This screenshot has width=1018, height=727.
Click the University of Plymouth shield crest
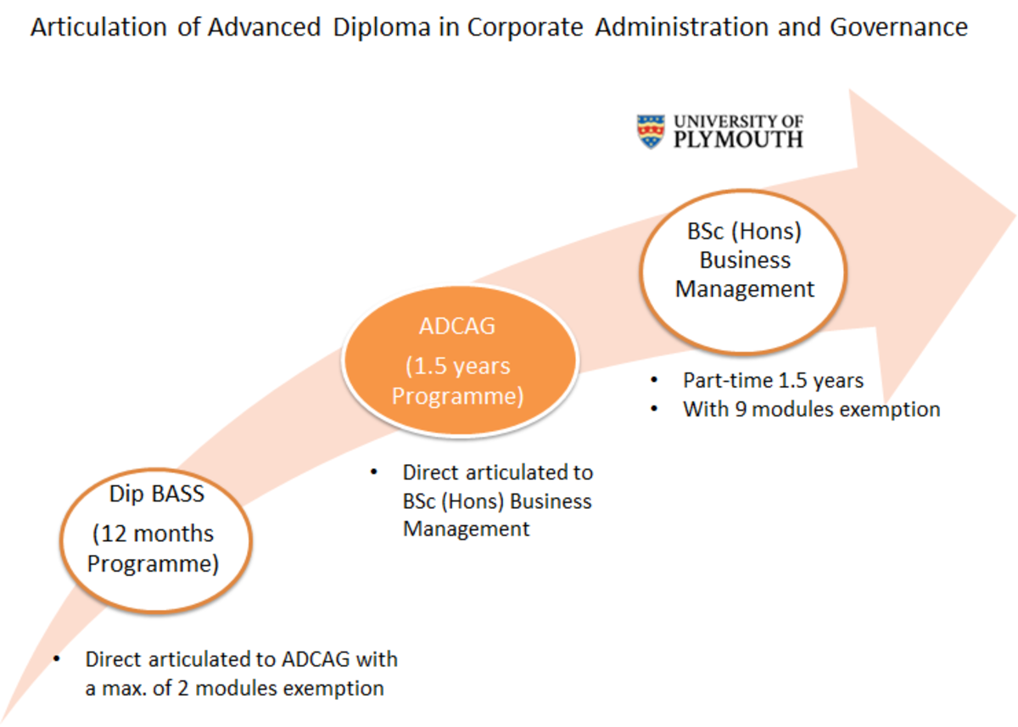pyautogui.click(x=651, y=132)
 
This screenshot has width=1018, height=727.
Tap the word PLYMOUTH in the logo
pyautogui.click(x=737, y=139)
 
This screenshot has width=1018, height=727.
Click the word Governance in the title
pyautogui.click(x=898, y=28)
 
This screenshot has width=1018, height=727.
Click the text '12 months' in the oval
pyautogui.click(x=154, y=535)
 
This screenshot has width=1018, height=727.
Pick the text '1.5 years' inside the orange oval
pyautogui.click(x=458, y=366)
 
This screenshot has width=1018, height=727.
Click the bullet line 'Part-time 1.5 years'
pyautogui.click(x=773, y=381)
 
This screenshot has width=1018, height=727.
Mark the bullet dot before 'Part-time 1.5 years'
pyautogui.click(x=654, y=380)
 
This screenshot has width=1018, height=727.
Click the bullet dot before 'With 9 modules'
pyautogui.click(x=654, y=409)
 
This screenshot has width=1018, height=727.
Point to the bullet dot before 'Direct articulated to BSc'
pyautogui.click(x=374, y=472)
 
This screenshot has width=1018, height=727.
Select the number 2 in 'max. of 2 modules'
pyautogui.click(x=184, y=688)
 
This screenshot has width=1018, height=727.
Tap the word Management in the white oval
pyautogui.click(x=744, y=289)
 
